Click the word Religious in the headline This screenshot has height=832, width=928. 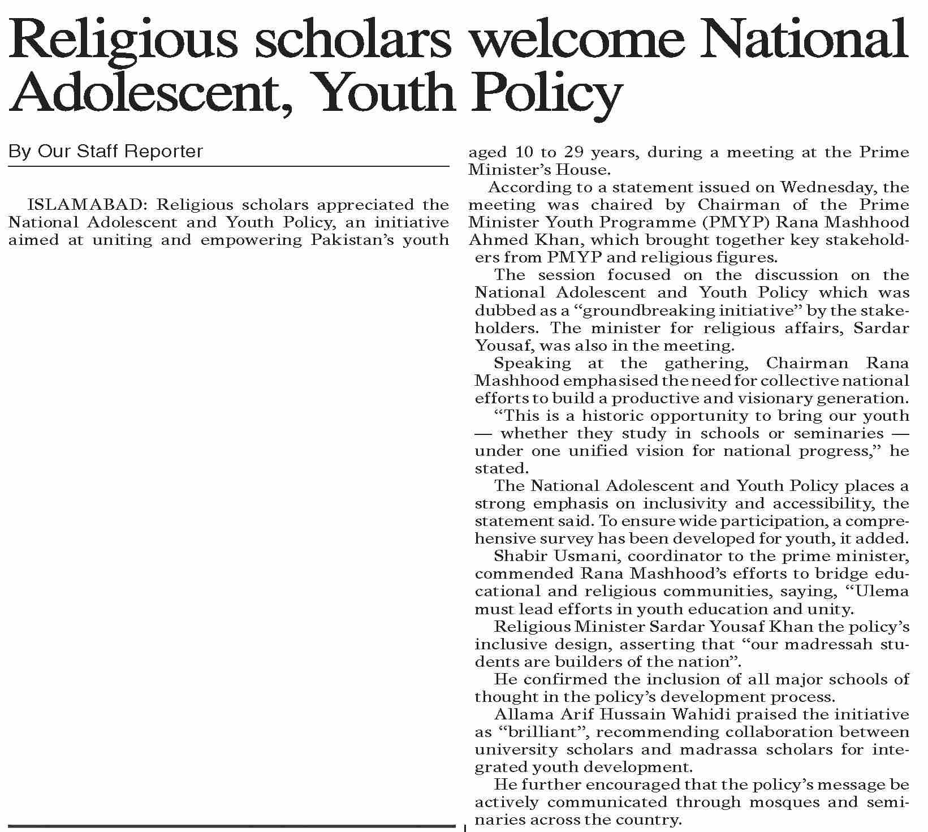[122, 42]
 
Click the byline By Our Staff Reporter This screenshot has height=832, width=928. [106, 152]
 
